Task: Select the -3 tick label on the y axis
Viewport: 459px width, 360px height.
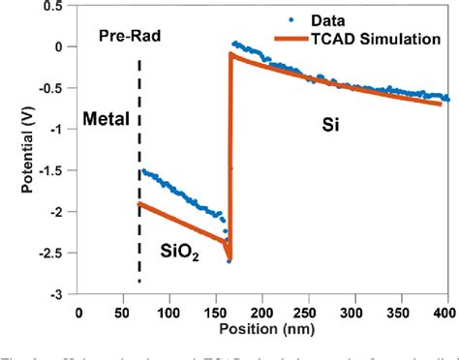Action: pos(61,292)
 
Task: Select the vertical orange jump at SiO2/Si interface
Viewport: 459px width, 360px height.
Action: pos(229,155)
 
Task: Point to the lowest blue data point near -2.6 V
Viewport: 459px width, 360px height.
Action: pos(228,260)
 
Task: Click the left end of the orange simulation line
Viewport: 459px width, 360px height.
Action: pos(141,203)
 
